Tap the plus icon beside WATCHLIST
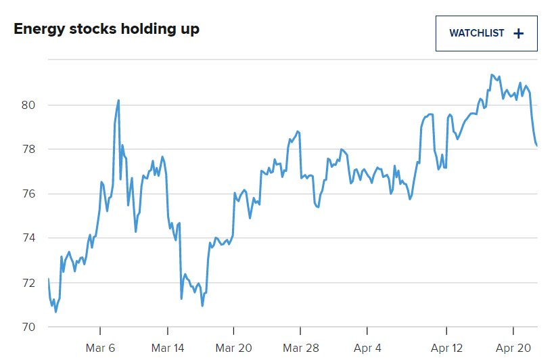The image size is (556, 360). point(519,33)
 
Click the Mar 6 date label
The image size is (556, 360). point(100,348)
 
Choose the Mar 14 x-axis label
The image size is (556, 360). point(168,348)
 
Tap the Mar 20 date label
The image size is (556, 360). point(234,348)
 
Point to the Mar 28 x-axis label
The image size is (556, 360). point(300,348)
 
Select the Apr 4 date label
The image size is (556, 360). point(367,348)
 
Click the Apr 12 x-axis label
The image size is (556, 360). point(446,348)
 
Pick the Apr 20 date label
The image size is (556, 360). point(513,348)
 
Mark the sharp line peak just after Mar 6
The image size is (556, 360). point(118,100)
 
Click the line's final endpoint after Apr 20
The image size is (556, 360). point(536,145)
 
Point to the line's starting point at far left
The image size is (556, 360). point(49,279)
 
